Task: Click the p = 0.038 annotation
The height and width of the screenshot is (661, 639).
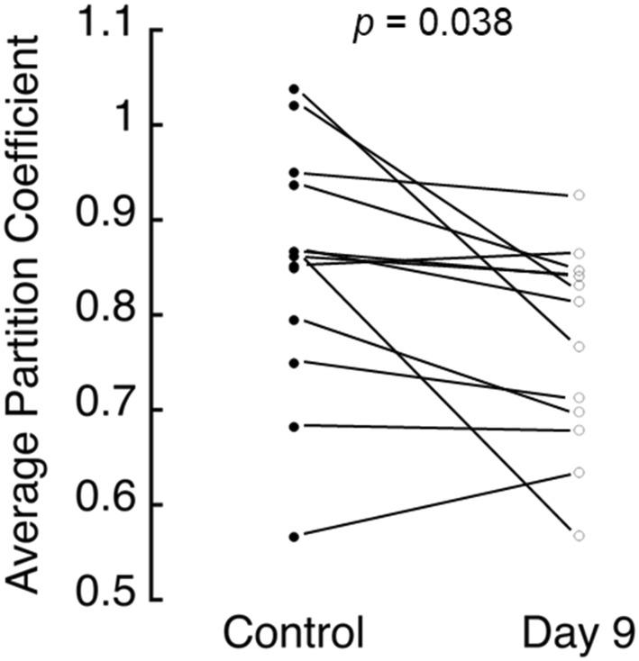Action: (432, 23)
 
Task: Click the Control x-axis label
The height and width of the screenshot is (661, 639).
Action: (295, 633)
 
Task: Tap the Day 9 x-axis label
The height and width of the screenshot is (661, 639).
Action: (578, 633)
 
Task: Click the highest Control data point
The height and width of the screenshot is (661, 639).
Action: (295, 89)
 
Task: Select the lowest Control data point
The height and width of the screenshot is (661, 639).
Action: (295, 537)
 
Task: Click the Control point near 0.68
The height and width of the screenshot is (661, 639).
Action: (295, 425)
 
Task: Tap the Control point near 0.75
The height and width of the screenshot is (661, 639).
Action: (295, 363)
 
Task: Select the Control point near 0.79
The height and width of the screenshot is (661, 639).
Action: (295, 320)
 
